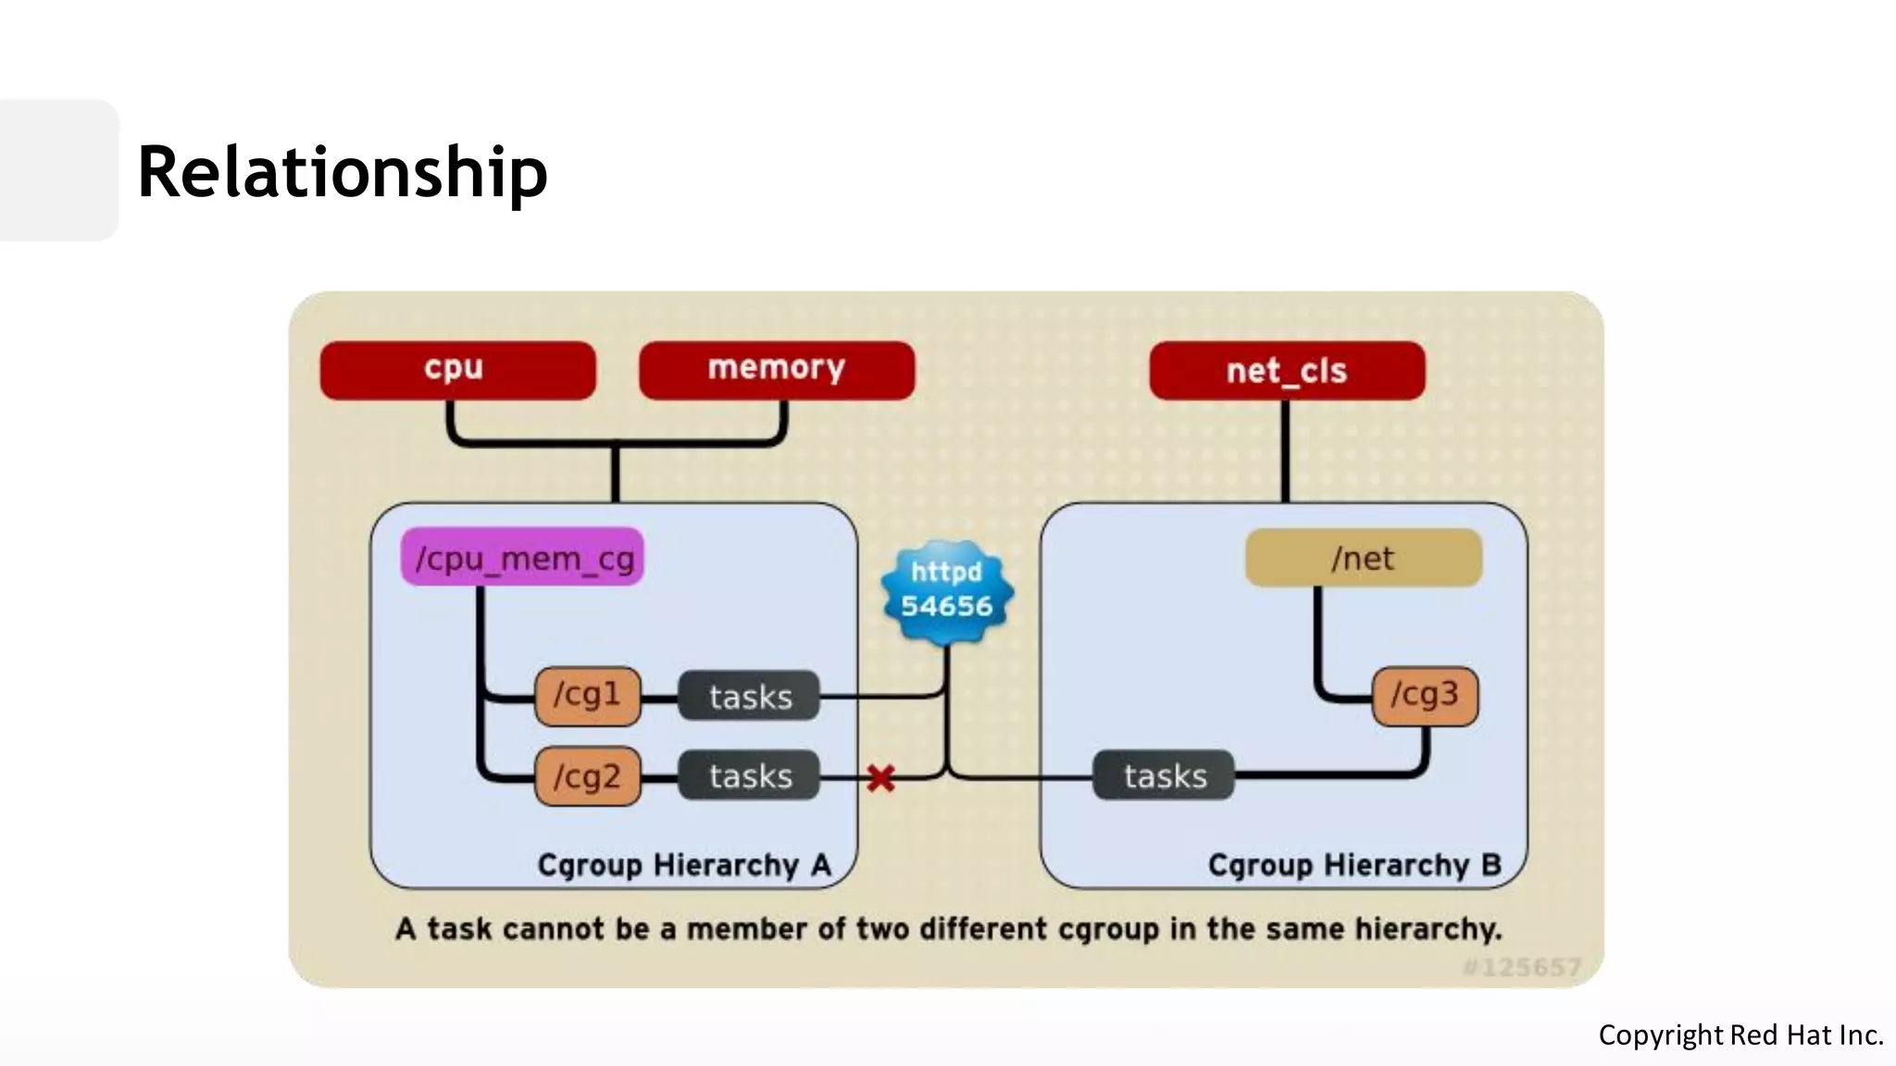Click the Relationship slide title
pyautogui.click(x=343, y=172)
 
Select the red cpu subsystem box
pyautogui.click(x=457, y=370)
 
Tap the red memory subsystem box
pyautogui.click(x=776, y=370)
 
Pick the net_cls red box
pyautogui.click(x=1287, y=371)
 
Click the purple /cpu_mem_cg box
pyautogui.click(x=522, y=558)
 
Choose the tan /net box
pyautogui.click(x=1363, y=558)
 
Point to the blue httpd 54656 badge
pyautogui.click(x=946, y=590)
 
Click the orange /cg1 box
pyautogui.click(x=587, y=695)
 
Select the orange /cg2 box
pyautogui.click(x=587, y=776)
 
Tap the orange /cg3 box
pyautogui.click(x=1425, y=695)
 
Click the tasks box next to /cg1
pyautogui.click(x=750, y=696)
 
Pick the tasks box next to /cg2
pyautogui.click(x=750, y=775)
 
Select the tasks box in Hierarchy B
pyautogui.click(x=1165, y=775)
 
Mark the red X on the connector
pyautogui.click(x=881, y=778)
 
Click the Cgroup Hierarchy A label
pyautogui.click(x=684, y=864)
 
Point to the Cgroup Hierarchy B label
pyautogui.click(x=1353, y=864)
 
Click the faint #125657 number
pyautogui.click(x=1521, y=967)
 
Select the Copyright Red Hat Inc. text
pyautogui.click(x=1740, y=1035)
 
